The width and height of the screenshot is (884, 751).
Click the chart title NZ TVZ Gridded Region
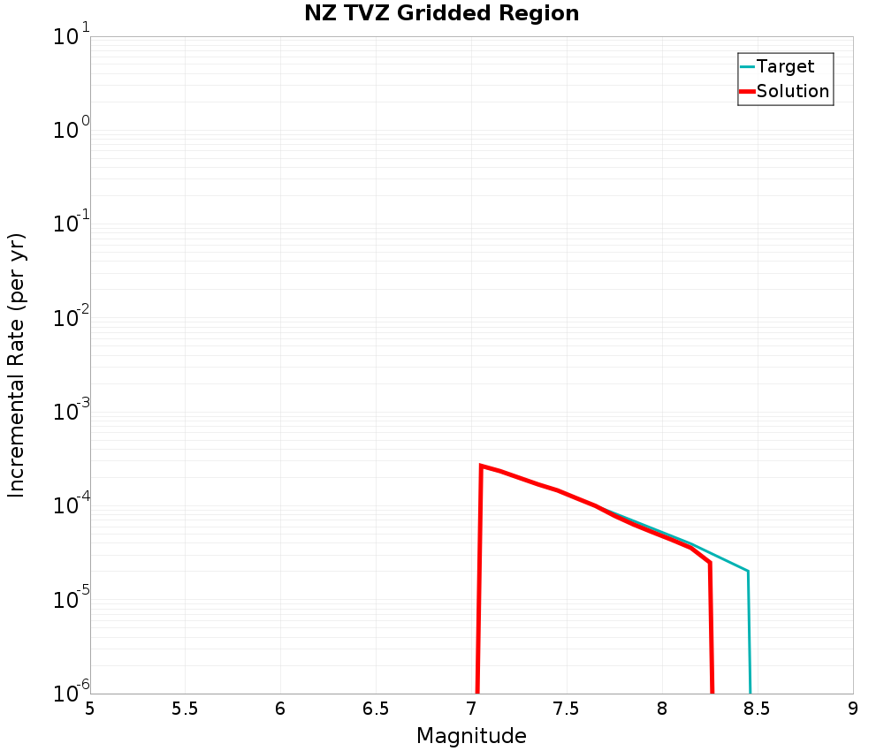pyautogui.click(x=441, y=14)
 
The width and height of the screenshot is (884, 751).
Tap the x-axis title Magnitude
pyautogui.click(x=471, y=736)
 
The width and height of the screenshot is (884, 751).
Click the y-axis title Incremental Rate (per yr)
pyautogui.click(x=17, y=365)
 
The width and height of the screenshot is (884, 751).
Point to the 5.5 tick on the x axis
pyautogui.click(x=185, y=709)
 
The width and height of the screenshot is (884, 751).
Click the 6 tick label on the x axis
pyautogui.click(x=280, y=709)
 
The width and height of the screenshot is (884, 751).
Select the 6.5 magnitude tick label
pyautogui.click(x=376, y=709)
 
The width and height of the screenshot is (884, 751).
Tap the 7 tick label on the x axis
pyautogui.click(x=471, y=709)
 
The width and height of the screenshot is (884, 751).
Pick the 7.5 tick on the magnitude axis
pyautogui.click(x=566, y=709)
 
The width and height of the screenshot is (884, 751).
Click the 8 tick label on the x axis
pyautogui.click(x=662, y=709)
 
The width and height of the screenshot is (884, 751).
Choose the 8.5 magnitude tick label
pyautogui.click(x=757, y=709)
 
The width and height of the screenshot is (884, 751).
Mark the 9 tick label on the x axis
pyautogui.click(x=852, y=709)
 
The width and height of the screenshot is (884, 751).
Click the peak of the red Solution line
pyautogui.click(x=481, y=466)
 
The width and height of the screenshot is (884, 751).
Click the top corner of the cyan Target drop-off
pyautogui.click(x=748, y=571)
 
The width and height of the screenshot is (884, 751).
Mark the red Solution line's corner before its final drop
pyautogui.click(x=709, y=562)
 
